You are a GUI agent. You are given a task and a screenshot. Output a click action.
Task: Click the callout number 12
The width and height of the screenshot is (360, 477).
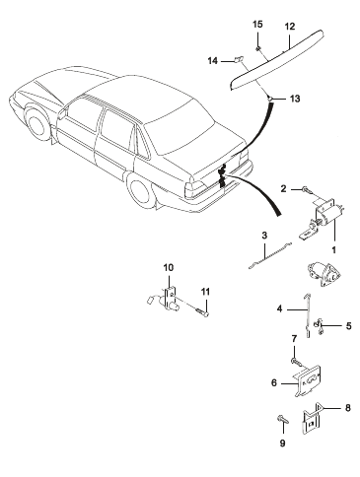pos(290,27)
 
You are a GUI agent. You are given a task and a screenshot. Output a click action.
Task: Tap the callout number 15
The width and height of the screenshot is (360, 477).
pos(257,25)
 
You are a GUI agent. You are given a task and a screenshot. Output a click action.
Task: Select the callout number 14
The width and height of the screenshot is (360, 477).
pos(213,61)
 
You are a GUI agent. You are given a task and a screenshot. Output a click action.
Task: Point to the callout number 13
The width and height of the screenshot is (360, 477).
pos(295,99)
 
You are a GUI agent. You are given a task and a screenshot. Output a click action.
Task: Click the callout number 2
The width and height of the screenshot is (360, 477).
pos(283,188)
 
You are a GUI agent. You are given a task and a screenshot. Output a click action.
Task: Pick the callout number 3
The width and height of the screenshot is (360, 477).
pos(264,236)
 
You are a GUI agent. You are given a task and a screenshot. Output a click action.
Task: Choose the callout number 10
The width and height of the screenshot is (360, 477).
pos(169,268)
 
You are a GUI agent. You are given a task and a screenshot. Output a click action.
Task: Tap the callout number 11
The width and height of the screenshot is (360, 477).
pos(205,292)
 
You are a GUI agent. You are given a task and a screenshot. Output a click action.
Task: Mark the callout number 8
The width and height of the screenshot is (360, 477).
pos(347,408)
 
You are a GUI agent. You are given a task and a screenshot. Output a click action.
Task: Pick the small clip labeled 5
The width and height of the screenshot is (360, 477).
pos(319,327)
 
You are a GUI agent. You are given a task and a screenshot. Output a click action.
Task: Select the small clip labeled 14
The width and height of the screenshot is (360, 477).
pos(238,59)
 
